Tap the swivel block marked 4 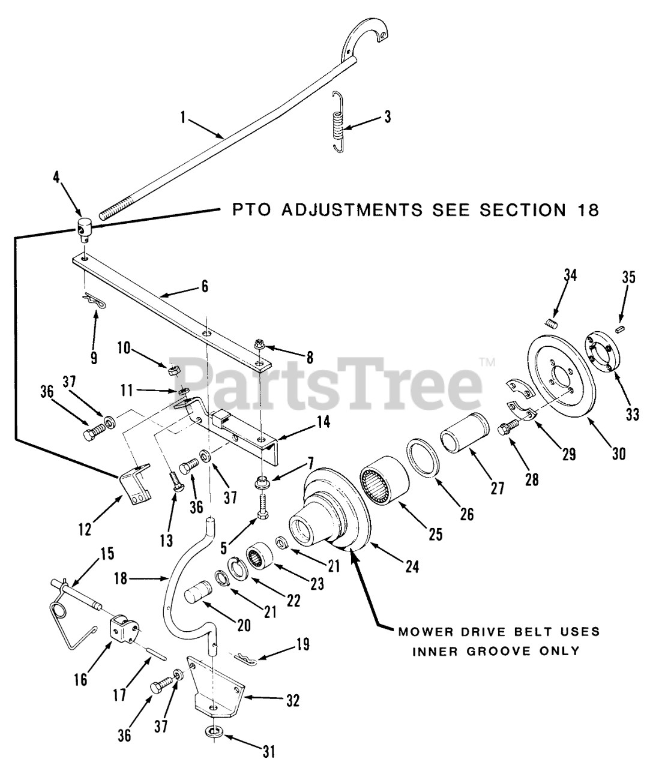coord(85,229)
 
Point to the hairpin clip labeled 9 coord(94,300)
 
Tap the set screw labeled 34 coord(553,325)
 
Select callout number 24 coord(411,566)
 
